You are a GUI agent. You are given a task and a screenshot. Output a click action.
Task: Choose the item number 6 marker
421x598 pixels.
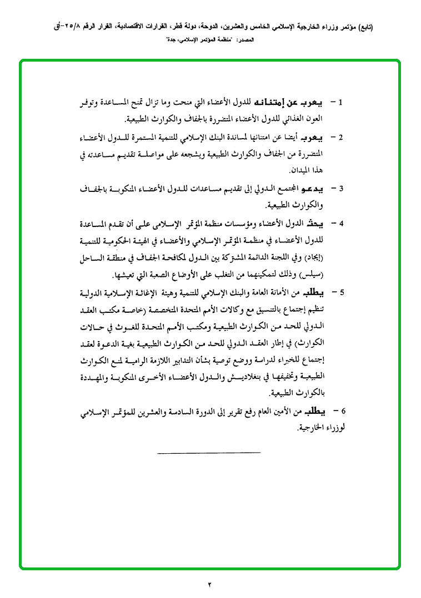coord(344,412)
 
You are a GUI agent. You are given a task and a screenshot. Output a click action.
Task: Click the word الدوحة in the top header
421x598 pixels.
coord(230,26)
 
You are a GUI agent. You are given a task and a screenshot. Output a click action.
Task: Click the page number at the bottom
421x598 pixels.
coord(210,585)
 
